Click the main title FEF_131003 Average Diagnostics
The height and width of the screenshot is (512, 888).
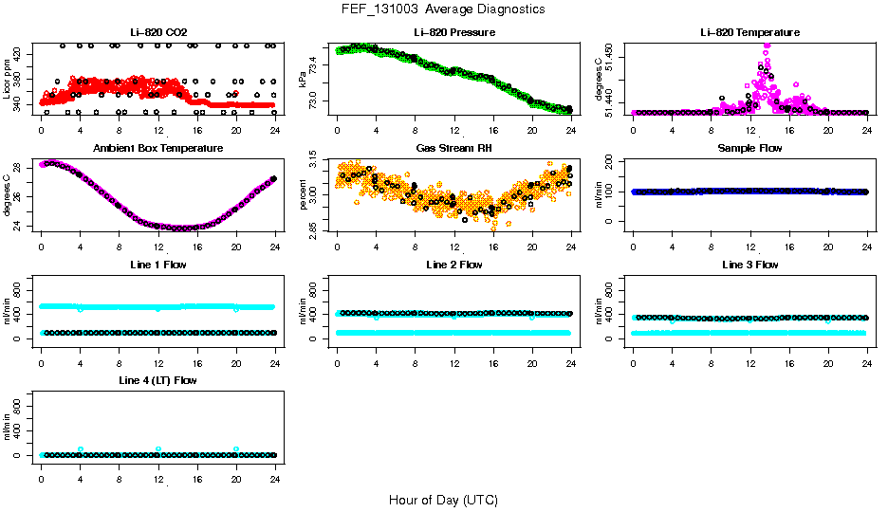click(444, 9)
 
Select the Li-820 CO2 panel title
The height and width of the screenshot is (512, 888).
click(157, 32)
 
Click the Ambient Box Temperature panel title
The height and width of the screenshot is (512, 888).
click(157, 148)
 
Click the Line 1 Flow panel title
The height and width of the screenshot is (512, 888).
click(157, 265)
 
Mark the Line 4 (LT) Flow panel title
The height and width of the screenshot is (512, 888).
click(157, 380)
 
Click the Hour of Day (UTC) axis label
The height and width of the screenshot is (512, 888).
click(443, 499)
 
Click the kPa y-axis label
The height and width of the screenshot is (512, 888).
click(303, 80)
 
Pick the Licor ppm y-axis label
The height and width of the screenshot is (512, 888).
click(7, 80)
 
